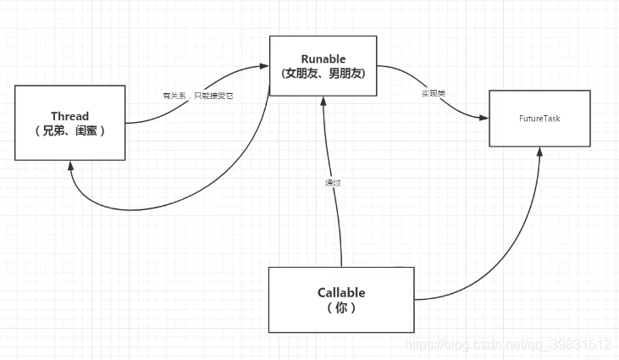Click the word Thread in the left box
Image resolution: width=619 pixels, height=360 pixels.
(69, 116)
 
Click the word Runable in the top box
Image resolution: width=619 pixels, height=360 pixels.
(323, 58)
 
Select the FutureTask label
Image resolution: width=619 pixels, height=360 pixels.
(539, 119)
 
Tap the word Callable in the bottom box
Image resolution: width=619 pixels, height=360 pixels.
(341, 292)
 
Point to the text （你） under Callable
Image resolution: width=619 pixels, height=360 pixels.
(341, 308)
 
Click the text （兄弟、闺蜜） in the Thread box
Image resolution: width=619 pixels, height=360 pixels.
(69, 131)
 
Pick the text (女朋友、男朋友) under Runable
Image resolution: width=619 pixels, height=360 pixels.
(323, 74)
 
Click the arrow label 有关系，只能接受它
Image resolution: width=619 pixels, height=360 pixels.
(197, 96)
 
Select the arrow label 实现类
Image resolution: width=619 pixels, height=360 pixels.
(433, 91)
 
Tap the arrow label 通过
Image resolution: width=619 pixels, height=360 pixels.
(333, 182)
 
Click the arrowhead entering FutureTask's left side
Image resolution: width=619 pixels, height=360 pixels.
(484, 118)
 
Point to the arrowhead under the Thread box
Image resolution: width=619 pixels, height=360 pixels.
(71, 166)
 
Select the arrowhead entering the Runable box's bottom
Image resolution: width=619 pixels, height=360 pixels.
(322, 100)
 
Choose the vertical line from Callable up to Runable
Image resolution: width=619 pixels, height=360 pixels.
(337, 220)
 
